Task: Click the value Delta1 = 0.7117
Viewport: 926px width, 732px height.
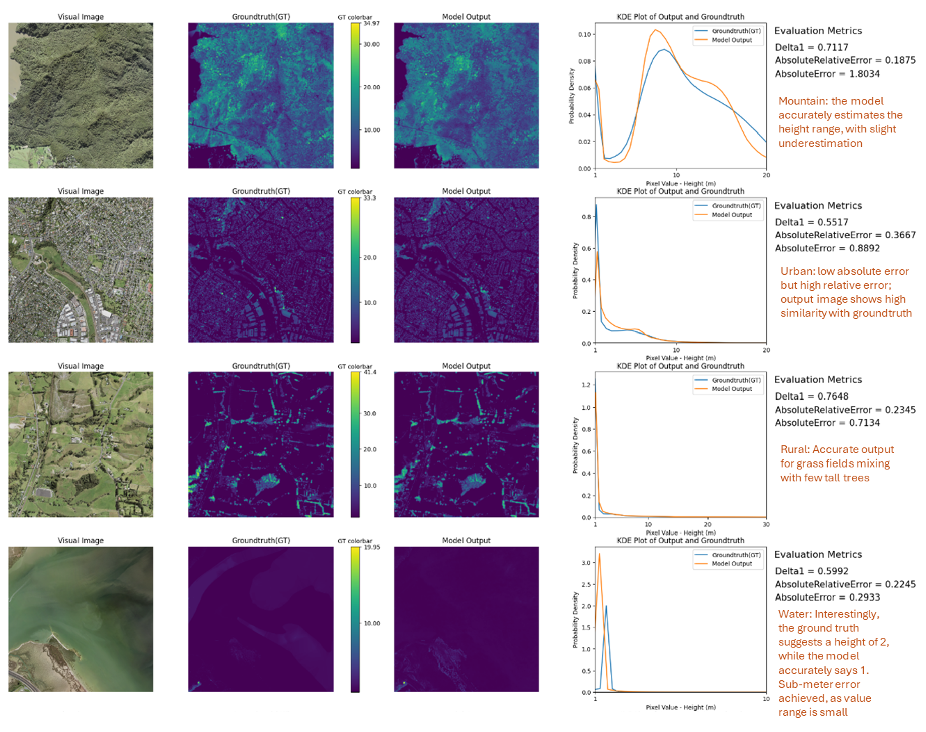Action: (x=811, y=47)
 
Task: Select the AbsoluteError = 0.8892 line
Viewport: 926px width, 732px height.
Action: (x=827, y=248)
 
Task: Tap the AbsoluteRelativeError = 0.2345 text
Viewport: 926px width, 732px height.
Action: (x=845, y=410)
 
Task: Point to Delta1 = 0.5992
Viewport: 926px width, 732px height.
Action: (x=811, y=571)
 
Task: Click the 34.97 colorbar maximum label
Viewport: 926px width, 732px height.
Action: (x=371, y=24)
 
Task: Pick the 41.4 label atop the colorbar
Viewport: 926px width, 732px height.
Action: (x=370, y=372)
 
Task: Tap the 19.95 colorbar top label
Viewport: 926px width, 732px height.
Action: (x=372, y=547)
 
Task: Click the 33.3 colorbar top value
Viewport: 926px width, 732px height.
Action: (x=370, y=198)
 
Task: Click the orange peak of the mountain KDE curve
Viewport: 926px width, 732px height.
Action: (x=655, y=30)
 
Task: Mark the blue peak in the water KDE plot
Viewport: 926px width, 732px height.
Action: (x=606, y=606)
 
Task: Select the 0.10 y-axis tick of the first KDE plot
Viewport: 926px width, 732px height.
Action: (x=584, y=35)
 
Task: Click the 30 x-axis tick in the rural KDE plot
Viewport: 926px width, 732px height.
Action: (x=766, y=524)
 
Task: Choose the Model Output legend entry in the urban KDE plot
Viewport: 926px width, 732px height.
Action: (x=731, y=215)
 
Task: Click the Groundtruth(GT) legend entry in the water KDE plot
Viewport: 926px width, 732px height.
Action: (x=736, y=555)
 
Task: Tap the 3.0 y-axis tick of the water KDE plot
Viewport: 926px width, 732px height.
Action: (x=586, y=563)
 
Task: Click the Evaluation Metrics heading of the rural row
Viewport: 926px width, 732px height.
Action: (x=817, y=380)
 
